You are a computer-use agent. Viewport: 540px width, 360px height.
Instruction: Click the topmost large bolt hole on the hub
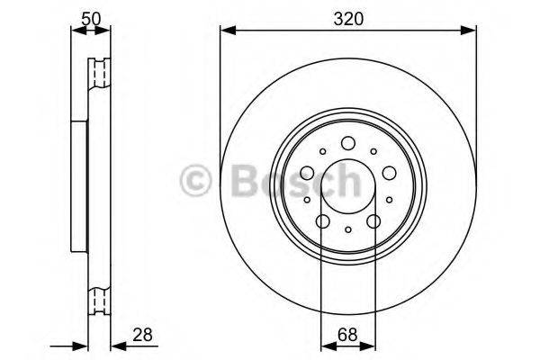point(348,142)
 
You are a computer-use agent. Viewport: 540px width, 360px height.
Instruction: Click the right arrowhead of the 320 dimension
point(470,32)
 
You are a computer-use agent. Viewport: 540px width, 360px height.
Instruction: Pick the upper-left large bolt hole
point(307,173)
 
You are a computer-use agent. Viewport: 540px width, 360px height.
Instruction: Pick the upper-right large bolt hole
point(390,173)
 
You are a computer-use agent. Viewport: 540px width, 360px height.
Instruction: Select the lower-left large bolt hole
point(323,221)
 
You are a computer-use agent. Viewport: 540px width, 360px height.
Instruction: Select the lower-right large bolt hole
point(373,221)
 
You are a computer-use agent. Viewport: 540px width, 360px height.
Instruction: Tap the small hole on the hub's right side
point(390,200)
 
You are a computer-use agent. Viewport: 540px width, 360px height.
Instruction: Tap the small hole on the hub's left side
point(307,200)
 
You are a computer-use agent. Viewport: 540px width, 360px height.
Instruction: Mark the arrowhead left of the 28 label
point(114,345)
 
